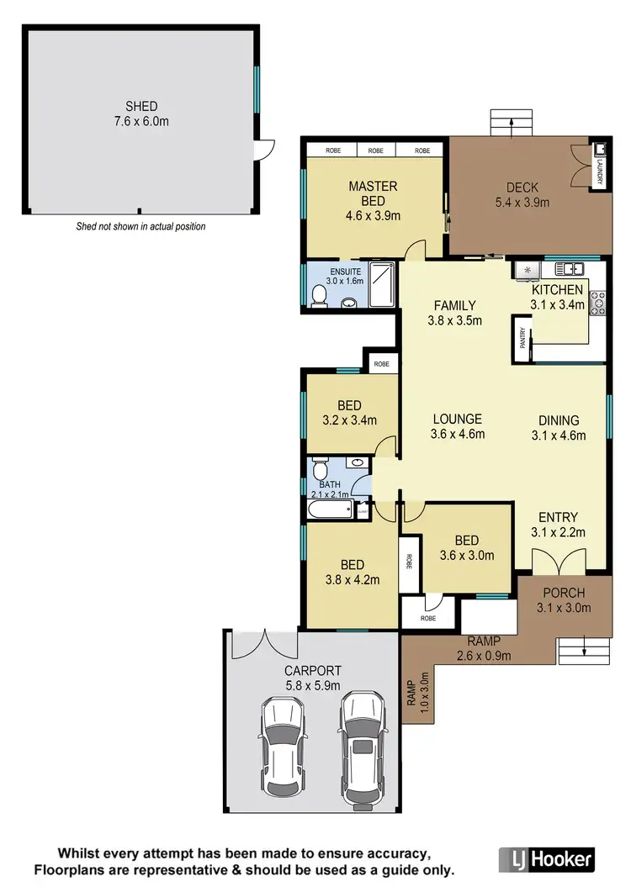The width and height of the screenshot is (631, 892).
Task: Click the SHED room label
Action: pyautogui.click(x=141, y=107)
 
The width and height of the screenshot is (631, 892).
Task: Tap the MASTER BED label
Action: pyautogui.click(x=373, y=193)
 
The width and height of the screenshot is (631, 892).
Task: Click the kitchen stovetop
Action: pyautogui.click(x=598, y=302)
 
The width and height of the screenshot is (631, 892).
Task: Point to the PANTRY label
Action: pyautogui.click(x=522, y=338)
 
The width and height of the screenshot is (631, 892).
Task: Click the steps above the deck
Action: pyautogui.click(x=512, y=124)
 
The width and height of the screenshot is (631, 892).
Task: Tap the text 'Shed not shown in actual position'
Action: pyautogui.click(x=141, y=227)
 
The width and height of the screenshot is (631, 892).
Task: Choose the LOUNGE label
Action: pyautogui.click(x=457, y=419)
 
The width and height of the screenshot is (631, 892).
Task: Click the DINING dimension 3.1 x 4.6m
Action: pyautogui.click(x=559, y=435)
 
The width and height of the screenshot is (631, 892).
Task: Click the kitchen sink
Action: pyautogui.click(x=570, y=269)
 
